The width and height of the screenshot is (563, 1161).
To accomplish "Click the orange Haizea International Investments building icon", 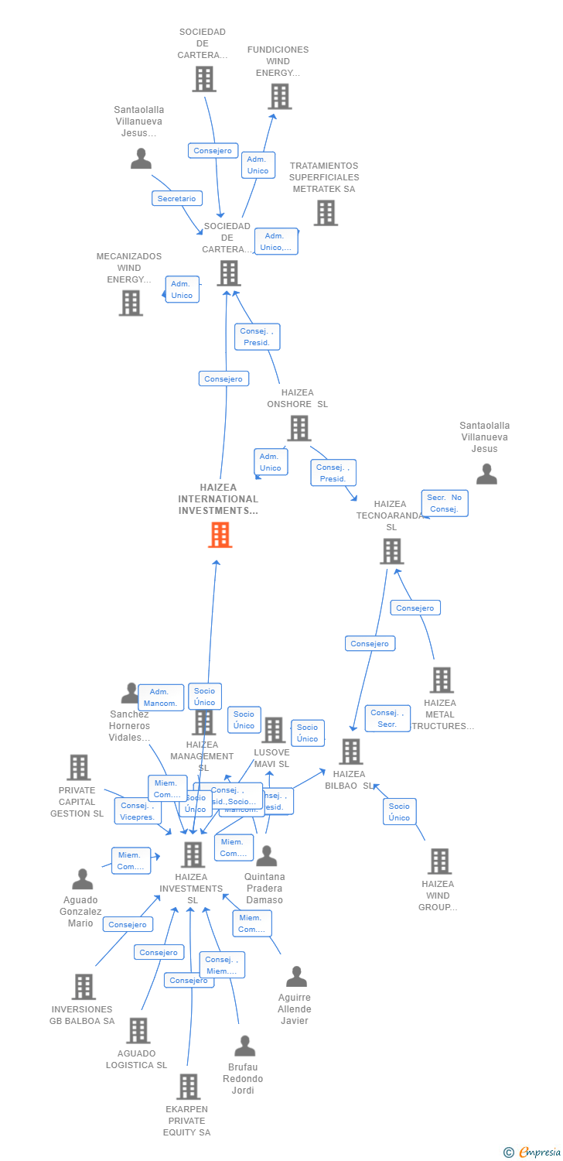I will tap(220, 535).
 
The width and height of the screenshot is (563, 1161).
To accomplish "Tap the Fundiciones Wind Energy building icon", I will tap(279, 97).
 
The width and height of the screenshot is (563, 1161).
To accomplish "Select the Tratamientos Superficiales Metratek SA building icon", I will tap(326, 213).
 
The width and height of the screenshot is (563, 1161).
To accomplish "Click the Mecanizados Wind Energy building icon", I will tap(131, 303).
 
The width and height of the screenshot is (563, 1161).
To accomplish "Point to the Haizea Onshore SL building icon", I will tap(299, 428).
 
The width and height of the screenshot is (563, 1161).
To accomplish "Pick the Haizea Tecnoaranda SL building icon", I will tap(392, 551).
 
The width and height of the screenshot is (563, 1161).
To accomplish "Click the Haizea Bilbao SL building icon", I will tap(350, 752).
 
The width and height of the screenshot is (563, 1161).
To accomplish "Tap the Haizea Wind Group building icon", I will tap(439, 861).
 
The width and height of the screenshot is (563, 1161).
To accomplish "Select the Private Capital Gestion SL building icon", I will tap(79, 768).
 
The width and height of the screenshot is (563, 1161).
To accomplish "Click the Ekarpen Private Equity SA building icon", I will tap(188, 1087).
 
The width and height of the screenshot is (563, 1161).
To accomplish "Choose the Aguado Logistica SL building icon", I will tap(138, 1031).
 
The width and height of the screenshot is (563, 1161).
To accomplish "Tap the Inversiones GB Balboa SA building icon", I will tap(84, 987).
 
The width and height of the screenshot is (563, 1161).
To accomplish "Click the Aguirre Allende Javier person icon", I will tap(296, 977).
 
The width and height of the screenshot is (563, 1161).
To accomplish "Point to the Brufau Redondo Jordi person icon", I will tap(244, 1046).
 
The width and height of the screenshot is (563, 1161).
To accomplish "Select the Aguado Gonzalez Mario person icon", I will tap(82, 879).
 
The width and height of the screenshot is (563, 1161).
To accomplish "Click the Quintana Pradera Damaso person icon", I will tap(266, 856).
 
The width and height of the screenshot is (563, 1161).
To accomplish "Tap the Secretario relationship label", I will tap(176, 199).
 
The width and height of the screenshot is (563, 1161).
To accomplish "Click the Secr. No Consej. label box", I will tap(445, 503).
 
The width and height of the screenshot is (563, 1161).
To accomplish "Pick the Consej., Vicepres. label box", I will tap(138, 811).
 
